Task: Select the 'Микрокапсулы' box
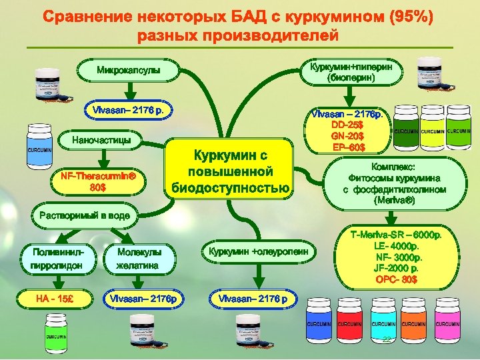coord(129,69)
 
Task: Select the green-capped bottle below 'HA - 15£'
coord(56,331)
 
